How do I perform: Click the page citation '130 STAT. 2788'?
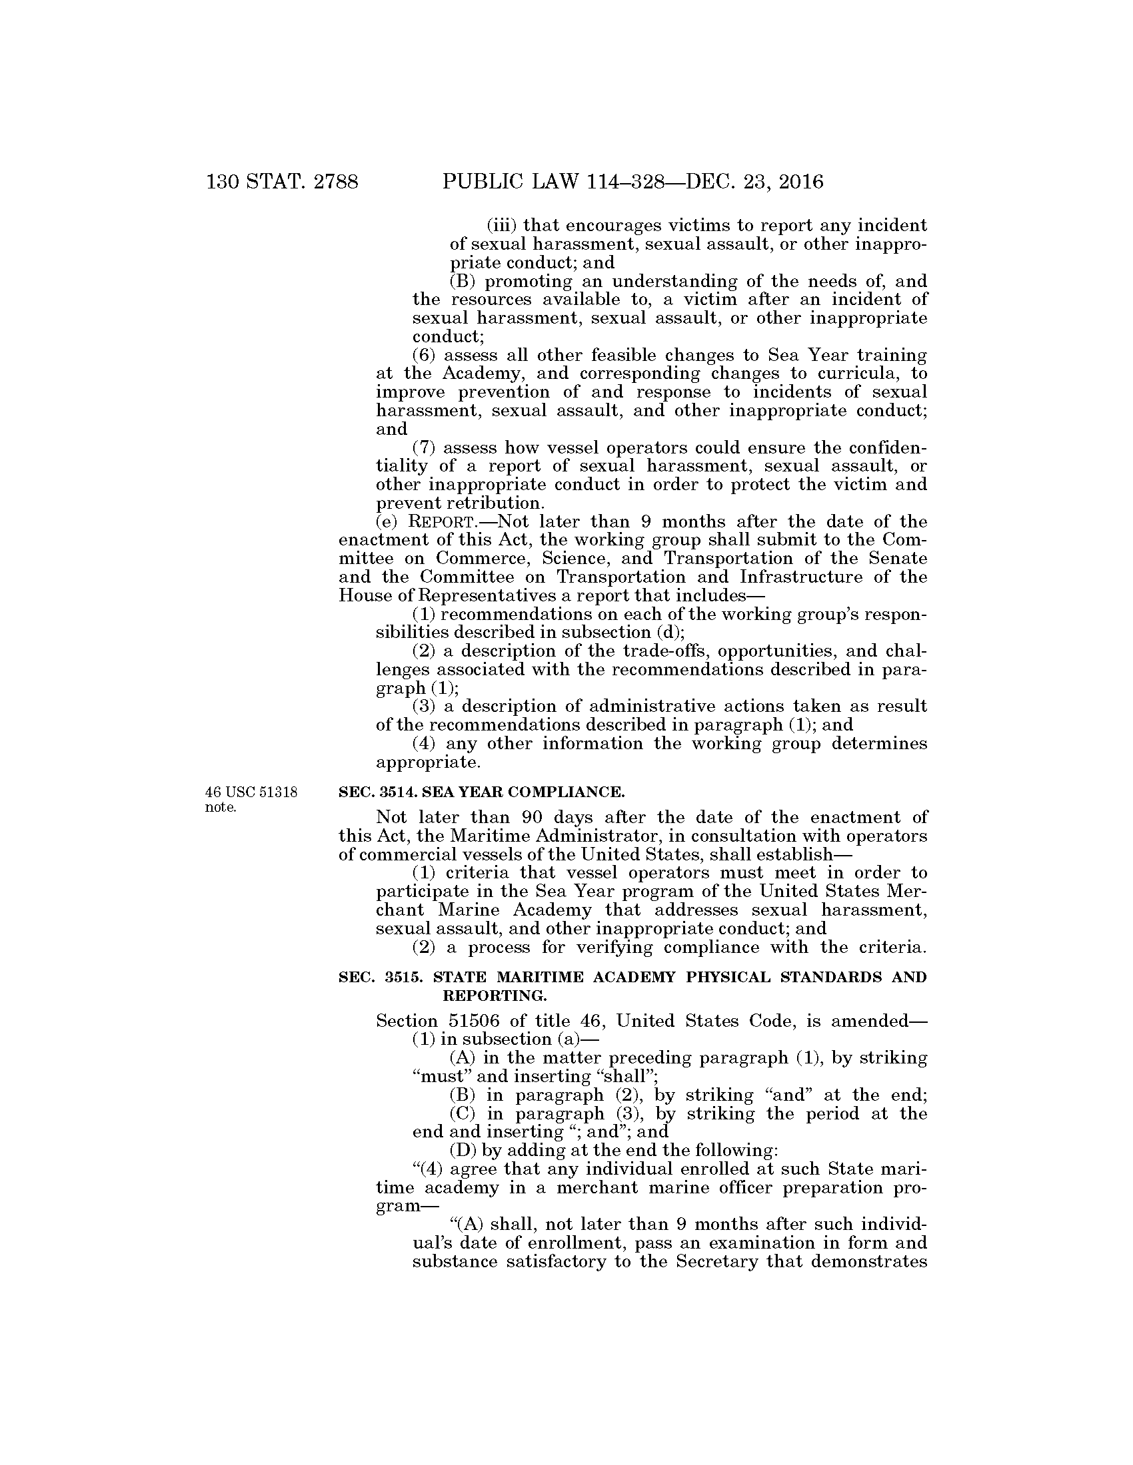(x=283, y=182)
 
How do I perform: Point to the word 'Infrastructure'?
(x=800, y=577)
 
